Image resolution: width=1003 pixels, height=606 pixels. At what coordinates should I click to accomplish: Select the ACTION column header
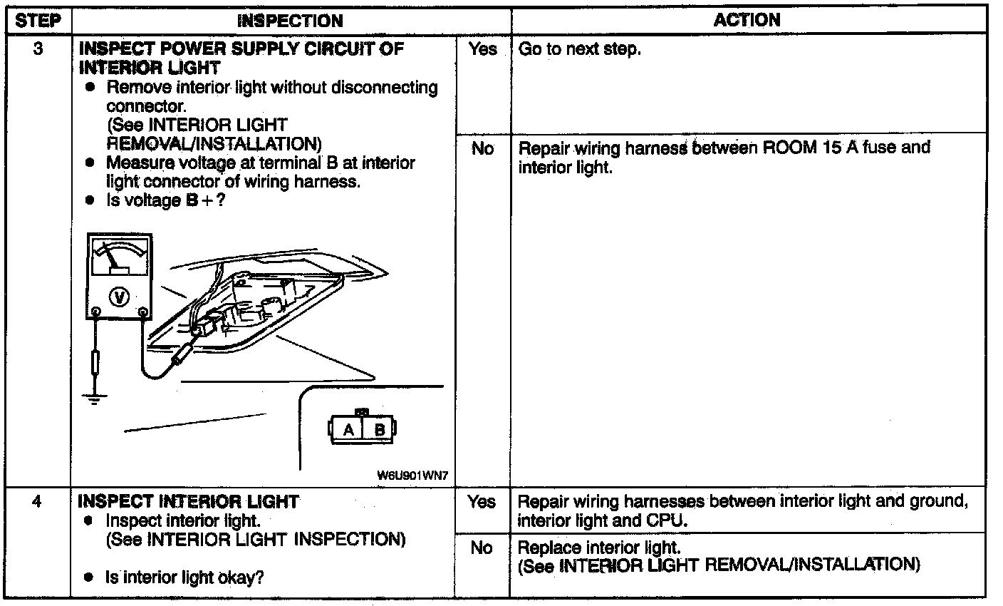(x=747, y=20)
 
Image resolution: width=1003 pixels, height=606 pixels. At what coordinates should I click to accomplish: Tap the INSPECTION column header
(x=290, y=21)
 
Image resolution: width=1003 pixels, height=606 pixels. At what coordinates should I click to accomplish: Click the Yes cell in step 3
(x=482, y=51)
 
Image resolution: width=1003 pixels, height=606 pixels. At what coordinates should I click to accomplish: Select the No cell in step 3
(x=482, y=149)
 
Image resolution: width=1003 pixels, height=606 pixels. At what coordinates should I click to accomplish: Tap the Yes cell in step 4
(x=482, y=502)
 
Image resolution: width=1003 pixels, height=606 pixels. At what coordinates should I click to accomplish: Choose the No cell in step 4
(x=482, y=548)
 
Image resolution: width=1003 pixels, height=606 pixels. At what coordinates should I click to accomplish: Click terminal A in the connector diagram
(x=348, y=429)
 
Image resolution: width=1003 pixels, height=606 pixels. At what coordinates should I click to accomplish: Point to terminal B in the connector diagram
(x=380, y=429)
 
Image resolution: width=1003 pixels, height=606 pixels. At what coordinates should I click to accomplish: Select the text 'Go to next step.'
(x=579, y=51)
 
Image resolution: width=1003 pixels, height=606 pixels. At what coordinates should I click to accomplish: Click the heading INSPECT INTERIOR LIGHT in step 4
(x=188, y=501)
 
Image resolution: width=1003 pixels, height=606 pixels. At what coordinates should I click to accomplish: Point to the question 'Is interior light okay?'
(x=185, y=577)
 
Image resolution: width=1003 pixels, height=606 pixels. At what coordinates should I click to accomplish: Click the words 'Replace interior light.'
(x=599, y=548)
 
